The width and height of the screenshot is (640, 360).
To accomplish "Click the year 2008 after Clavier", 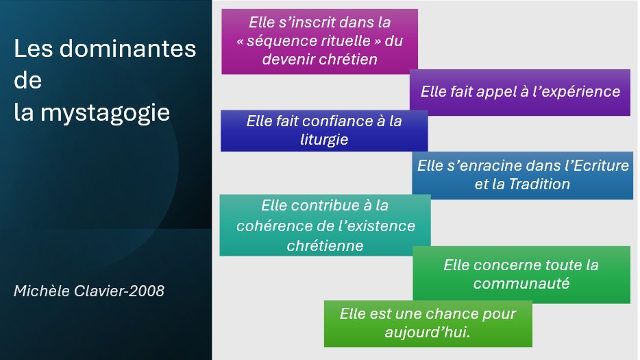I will point(148,291).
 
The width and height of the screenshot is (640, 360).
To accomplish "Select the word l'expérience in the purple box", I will point(577,91).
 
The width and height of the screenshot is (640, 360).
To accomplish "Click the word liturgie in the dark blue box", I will point(324,139).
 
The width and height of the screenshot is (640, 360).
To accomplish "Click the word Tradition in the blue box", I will point(539,184).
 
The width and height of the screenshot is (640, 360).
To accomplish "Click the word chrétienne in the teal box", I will point(325,244).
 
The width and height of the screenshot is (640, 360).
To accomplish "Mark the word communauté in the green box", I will point(521,283).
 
